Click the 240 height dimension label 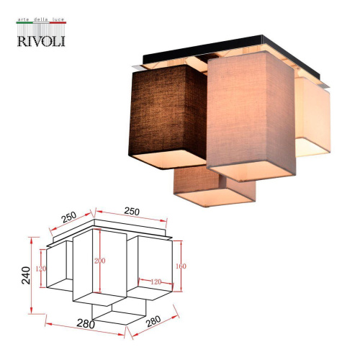click(x=27, y=275)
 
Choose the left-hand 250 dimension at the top click(x=69, y=217)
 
